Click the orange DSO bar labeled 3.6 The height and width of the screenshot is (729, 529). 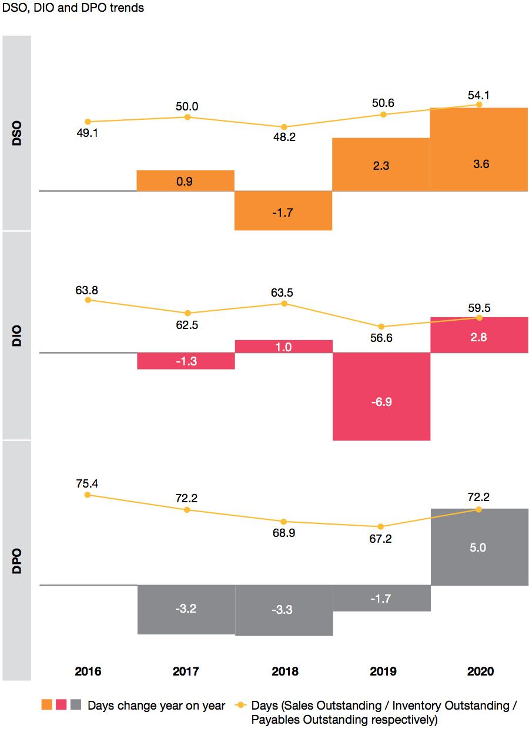click(x=479, y=149)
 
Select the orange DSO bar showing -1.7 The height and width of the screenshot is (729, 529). click(x=283, y=210)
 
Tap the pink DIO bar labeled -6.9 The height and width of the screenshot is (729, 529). click(x=381, y=397)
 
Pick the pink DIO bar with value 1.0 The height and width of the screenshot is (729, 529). click(x=283, y=346)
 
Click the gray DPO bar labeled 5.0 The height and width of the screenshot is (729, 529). click(x=479, y=546)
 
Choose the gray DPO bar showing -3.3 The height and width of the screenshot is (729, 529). click(x=283, y=610)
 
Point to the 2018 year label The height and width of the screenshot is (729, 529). click(x=284, y=671)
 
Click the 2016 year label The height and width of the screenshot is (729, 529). click(x=88, y=671)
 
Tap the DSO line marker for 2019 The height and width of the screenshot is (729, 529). click(x=383, y=115)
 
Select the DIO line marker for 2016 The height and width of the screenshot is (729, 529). click(x=88, y=300)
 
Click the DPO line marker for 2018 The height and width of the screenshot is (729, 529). click(x=284, y=522)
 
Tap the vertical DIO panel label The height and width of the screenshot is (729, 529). click(x=16, y=335)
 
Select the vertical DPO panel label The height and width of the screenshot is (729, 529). click(x=16, y=560)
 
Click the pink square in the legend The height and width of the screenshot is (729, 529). click(x=61, y=705)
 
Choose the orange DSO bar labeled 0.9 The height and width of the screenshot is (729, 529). click(x=185, y=181)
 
